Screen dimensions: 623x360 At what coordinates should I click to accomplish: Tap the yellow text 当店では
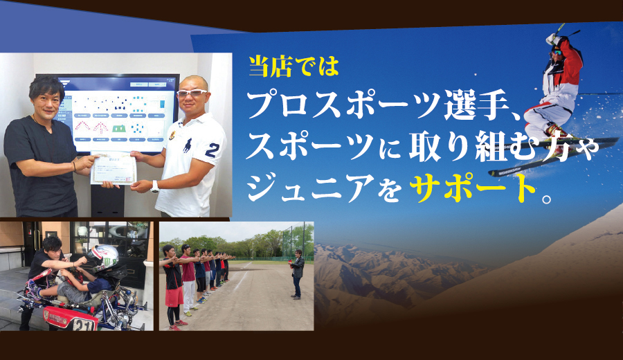(294, 66)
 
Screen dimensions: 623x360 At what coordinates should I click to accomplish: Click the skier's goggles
(556, 53)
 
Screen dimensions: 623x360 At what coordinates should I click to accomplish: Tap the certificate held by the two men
(114, 168)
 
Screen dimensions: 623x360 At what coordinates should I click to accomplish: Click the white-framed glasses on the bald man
(192, 93)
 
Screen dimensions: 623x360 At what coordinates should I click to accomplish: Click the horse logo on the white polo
(188, 145)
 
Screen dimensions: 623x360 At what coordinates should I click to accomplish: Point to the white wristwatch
(154, 187)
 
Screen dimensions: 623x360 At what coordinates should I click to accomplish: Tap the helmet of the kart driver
(102, 258)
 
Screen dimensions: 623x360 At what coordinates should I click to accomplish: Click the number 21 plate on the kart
(84, 325)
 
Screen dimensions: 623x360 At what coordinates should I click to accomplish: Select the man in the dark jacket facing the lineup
(297, 274)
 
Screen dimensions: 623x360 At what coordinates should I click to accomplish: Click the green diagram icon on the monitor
(119, 129)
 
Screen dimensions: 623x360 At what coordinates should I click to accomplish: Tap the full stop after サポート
(547, 197)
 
